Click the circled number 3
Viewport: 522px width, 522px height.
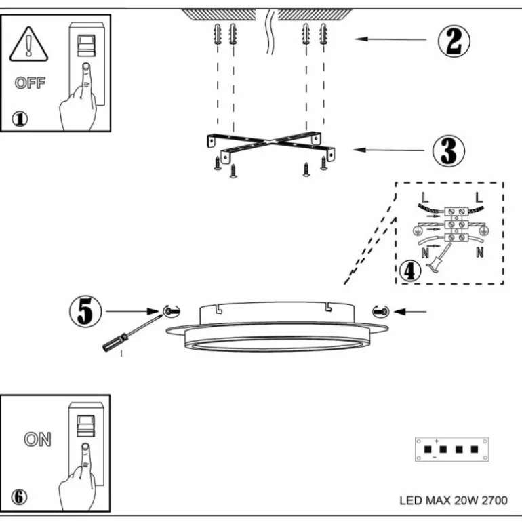(x=449, y=150)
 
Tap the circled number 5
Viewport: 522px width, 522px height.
(x=85, y=312)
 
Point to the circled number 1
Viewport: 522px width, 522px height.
(x=20, y=119)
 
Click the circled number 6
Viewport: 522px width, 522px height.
(x=20, y=497)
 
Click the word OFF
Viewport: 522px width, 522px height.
(x=30, y=84)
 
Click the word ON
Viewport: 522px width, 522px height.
(x=37, y=439)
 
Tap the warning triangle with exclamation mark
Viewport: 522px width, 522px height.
(x=29, y=45)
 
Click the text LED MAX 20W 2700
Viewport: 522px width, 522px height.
(x=453, y=501)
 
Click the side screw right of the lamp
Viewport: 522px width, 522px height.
(x=380, y=311)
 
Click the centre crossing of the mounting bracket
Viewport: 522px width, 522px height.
(x=270, y=142)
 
